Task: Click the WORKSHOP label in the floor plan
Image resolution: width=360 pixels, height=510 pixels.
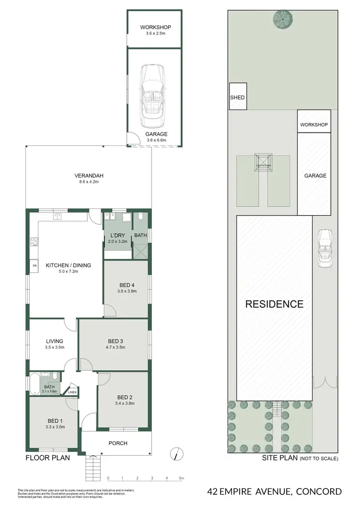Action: [x=155, y=27]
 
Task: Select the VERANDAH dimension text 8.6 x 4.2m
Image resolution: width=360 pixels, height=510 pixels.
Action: [x=89, y=182]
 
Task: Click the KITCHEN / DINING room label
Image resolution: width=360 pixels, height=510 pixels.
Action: [x=68, y=265]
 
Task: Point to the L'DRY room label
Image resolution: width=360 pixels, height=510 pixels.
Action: [x=118, y=235]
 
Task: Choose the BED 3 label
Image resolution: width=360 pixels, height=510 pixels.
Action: [x=114, y=342]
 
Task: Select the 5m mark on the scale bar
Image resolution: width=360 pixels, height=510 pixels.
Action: [x=181, y=478]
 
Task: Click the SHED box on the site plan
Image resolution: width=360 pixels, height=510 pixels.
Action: [x=237, y=97]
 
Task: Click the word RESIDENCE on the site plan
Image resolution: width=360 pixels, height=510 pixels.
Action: [x=275, y=304]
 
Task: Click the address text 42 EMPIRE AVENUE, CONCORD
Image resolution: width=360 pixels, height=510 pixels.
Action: [x=275, y=491]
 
